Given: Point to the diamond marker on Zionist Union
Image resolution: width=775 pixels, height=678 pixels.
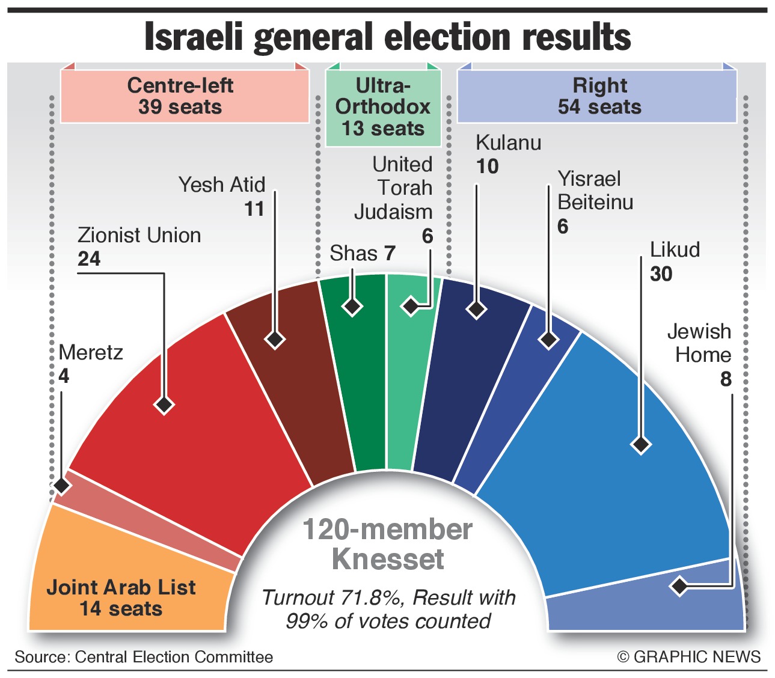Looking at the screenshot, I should (164, 404).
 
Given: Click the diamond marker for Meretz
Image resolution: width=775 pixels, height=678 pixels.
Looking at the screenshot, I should (61, 484).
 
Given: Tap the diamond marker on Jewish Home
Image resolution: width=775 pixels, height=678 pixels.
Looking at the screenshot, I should (679, 585).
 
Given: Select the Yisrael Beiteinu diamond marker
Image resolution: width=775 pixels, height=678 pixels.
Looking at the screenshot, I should (548, 339).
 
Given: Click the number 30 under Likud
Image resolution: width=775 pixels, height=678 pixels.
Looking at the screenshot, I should (661, 274).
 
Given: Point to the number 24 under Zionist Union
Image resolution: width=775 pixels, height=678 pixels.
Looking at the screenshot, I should (89, 259).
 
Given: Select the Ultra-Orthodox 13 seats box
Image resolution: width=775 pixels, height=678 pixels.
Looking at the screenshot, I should (383, 107).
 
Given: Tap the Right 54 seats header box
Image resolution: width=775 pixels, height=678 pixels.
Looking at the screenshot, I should (598, 96).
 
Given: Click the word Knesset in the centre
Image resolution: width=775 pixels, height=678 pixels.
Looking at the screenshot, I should (388, 559).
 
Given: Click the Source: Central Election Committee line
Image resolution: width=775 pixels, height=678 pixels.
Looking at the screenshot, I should (144, 657).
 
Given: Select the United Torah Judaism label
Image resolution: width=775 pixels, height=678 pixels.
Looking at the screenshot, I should (397, 188).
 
